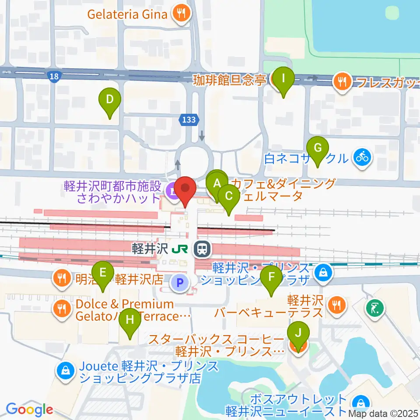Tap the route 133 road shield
click(189, 119)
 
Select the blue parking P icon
click(180, 282)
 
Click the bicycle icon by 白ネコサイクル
click(362, 156)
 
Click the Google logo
click(29, 409)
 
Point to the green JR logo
click(180, 249)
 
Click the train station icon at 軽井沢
click(202, 249)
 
